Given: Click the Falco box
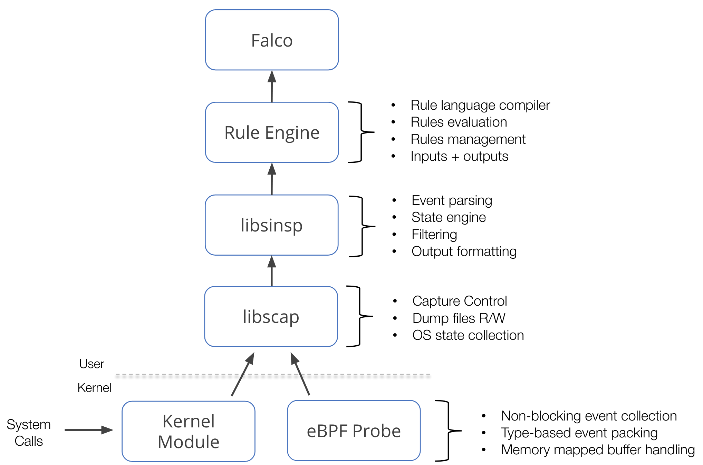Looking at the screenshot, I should click(272, 40).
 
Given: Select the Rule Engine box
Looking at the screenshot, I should click(272, 132).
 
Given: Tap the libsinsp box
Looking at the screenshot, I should click(271, 225).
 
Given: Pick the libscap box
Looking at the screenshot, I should click(271, 317).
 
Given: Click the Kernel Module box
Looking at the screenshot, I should click(189, 431).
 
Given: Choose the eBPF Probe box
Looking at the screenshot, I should click(354, 431).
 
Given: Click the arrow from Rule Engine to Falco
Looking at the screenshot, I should click(272, 86).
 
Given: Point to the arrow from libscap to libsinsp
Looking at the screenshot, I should click(272, 271).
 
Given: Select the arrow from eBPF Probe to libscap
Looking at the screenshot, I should click(300, 374).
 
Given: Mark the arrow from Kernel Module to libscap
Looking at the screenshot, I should click(243, 374).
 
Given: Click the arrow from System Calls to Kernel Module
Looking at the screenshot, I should click(89, 430).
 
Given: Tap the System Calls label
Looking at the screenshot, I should click(29, 433).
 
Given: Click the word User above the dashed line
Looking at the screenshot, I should click(92, 364).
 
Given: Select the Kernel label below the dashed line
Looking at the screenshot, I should click(94, 388).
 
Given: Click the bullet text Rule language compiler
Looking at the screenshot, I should click(480, 105).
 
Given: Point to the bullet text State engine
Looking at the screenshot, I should click(449, 217).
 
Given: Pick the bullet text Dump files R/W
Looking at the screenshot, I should click(459, 318).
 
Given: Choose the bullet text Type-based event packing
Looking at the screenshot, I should click(579, 433).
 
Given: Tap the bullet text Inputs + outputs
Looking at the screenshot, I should click(459, 156).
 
